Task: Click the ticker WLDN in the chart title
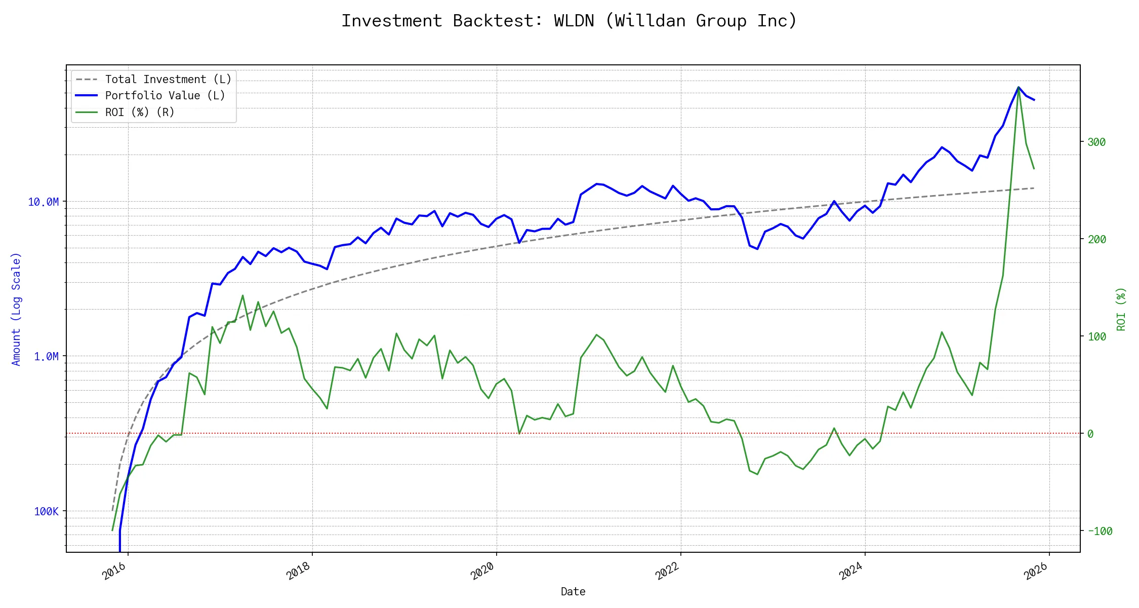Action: click(574, 21)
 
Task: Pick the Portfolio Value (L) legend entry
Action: click(165, 96)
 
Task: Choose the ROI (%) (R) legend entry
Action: click(140, 112)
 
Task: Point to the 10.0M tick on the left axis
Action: click(44, 202)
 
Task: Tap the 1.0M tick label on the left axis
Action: click(47, 357)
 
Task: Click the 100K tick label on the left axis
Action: click(47, 512)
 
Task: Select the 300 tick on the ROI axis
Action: click(1096, 142)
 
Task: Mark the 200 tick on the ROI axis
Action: click(1096, 240)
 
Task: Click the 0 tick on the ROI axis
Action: click(1090, 434)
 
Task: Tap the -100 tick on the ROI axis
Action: click(1100, 531)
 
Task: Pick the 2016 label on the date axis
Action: click(114, 572)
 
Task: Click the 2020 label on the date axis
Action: click(483, 572)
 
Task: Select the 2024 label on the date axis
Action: click(851, 572)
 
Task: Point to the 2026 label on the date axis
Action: click(1036, 572)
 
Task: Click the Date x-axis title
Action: click(573, 592)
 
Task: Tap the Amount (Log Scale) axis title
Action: click(16, 309)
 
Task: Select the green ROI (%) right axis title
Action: click(1121, 309)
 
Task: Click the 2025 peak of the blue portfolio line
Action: click(1019, 87)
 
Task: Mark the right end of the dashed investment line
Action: click(1034, 188)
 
